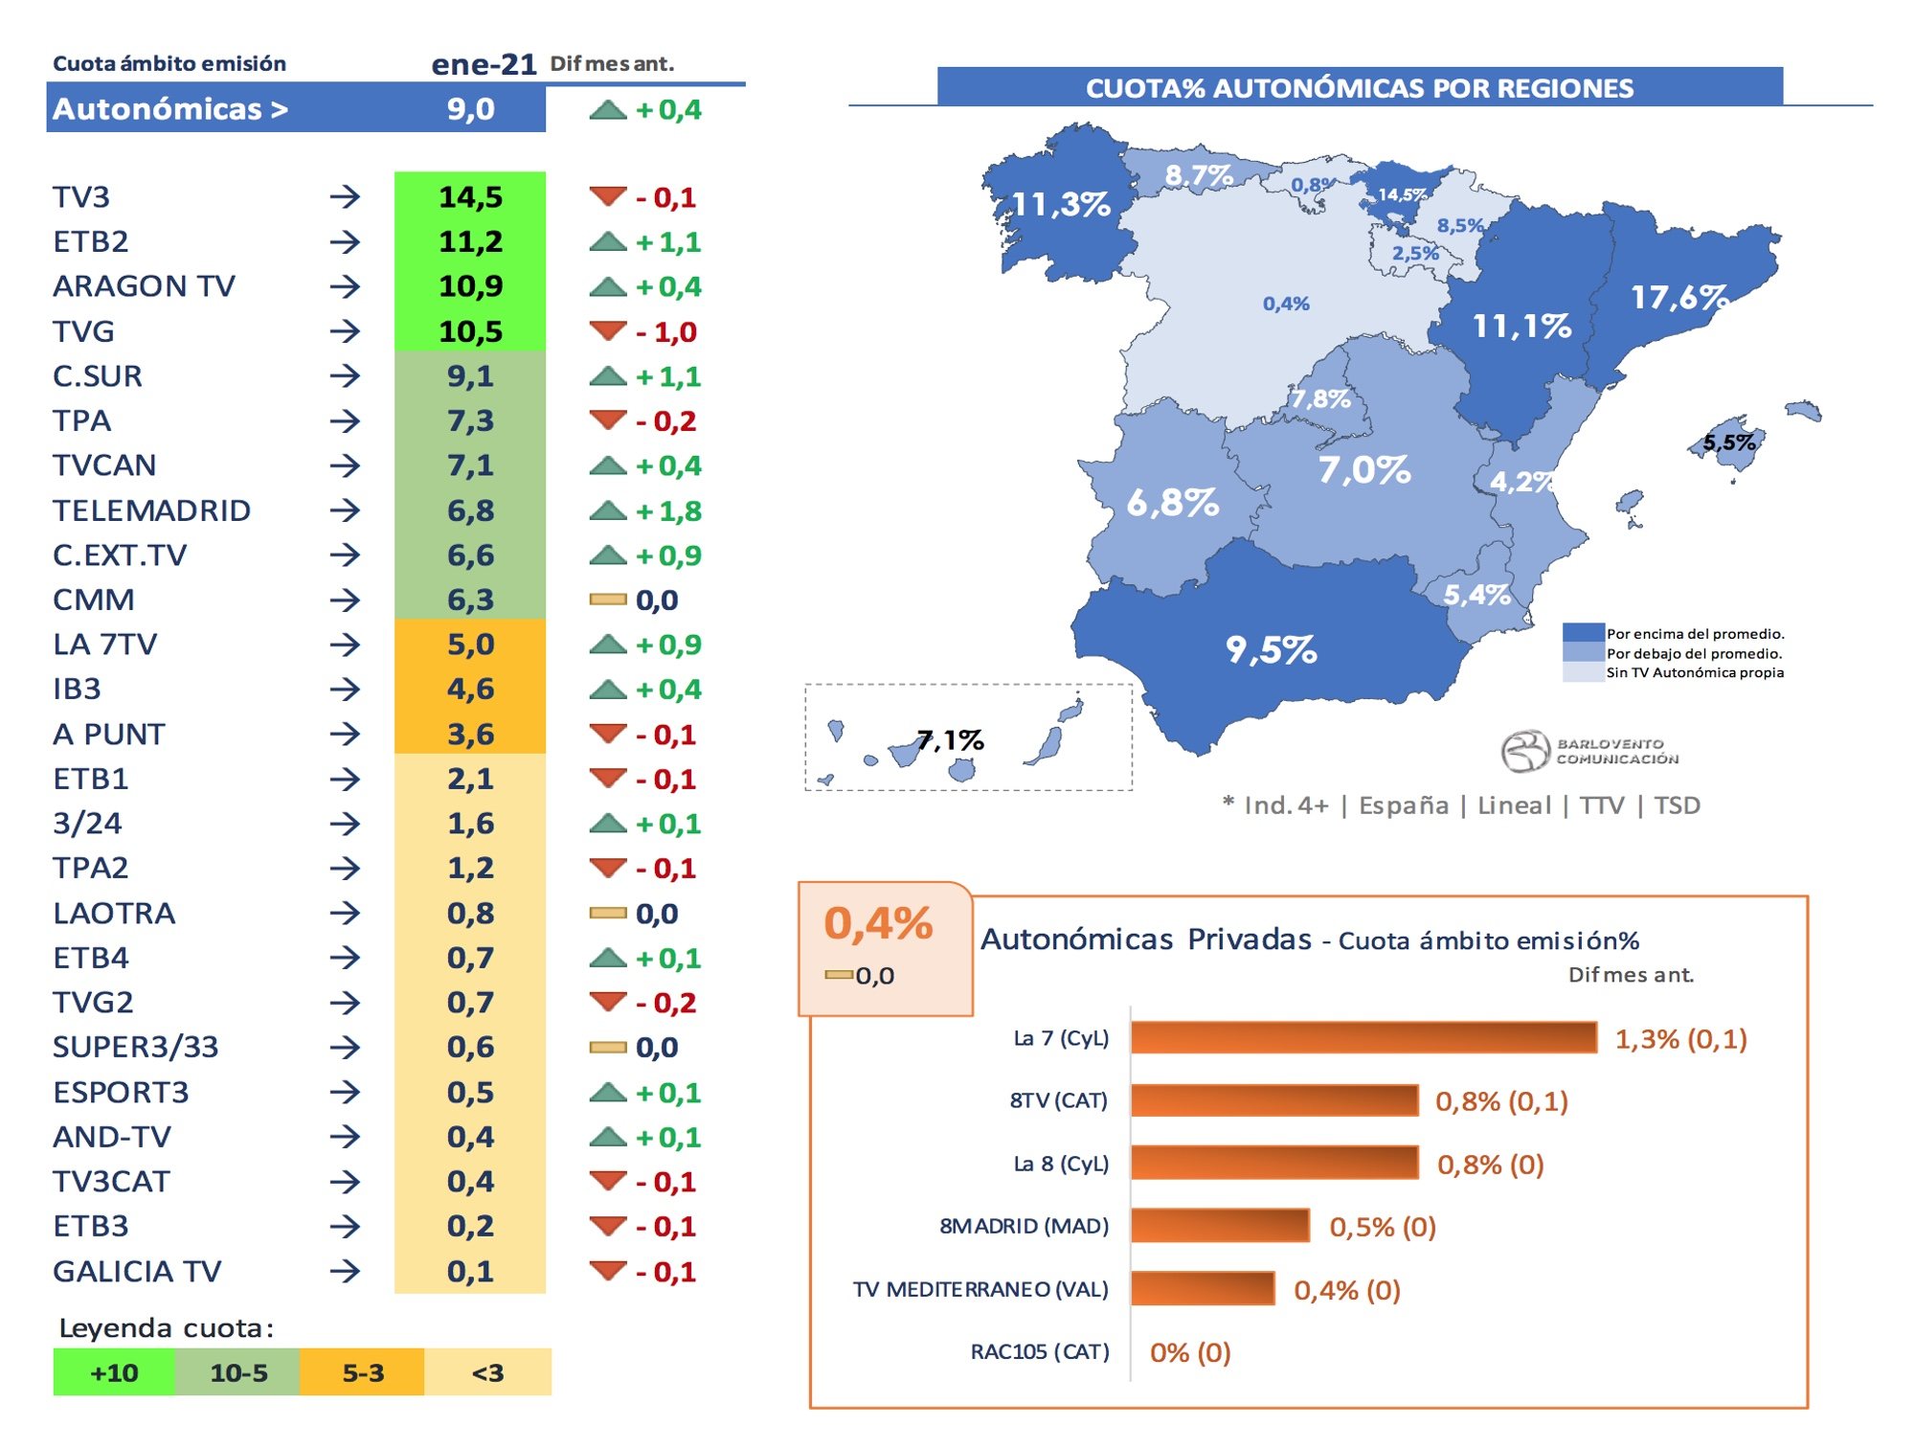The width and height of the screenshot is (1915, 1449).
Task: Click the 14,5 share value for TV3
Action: [470, 196]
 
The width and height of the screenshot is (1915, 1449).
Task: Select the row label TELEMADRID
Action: [151, 510]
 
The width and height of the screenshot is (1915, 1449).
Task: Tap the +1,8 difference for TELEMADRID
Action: [668, 510]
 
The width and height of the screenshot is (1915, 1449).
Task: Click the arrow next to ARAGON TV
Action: [345, 286]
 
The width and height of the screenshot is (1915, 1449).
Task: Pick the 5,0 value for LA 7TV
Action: [470, 644]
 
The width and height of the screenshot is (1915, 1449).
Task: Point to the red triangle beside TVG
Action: [608, 330]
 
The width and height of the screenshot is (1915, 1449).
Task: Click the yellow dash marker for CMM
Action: [608, 600]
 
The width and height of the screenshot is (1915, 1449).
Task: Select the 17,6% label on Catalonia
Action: [1679, 297]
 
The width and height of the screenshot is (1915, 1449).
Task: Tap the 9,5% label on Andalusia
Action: [1271, 649]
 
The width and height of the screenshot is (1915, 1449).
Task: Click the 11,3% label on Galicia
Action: [1060, 204]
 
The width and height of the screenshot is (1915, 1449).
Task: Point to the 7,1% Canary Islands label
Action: [950, 739]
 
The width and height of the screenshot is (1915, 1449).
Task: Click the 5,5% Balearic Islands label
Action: [1729, 442]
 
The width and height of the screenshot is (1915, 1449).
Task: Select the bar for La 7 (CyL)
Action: [1363, 1037]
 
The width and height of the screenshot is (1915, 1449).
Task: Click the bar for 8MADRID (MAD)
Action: [1220, 1225]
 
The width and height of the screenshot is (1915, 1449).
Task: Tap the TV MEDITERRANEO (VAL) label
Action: [980, 1289]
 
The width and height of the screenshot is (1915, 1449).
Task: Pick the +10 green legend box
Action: [114, 1372]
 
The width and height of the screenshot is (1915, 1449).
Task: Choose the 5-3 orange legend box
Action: [363, 1372]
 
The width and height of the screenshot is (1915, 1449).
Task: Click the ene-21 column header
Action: [484, 63]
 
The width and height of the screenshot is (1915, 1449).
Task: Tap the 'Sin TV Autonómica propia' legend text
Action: [1695, 672]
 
